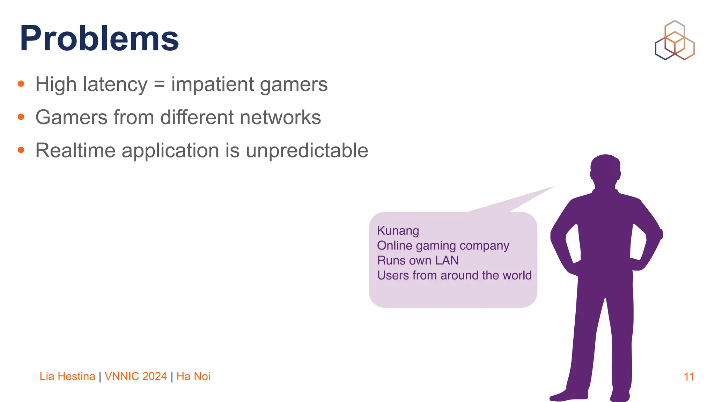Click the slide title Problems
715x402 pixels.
tap(99, 38)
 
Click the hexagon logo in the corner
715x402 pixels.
tap(675, 40)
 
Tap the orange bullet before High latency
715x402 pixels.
tap(21, 84)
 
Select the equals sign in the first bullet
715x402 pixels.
tap(159, 85)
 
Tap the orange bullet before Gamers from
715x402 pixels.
tap(21, 117)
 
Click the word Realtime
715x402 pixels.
tap(75, 150)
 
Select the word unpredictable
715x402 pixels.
tap(307, 150)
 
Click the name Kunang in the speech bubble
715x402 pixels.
tap(398, 231)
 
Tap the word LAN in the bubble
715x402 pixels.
tap(447, 260)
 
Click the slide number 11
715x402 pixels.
tap(688, 377)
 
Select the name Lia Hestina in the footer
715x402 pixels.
tap(67, 376)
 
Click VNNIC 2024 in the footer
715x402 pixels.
tap(135, 376)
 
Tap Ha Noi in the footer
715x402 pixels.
tap(193, 376)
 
